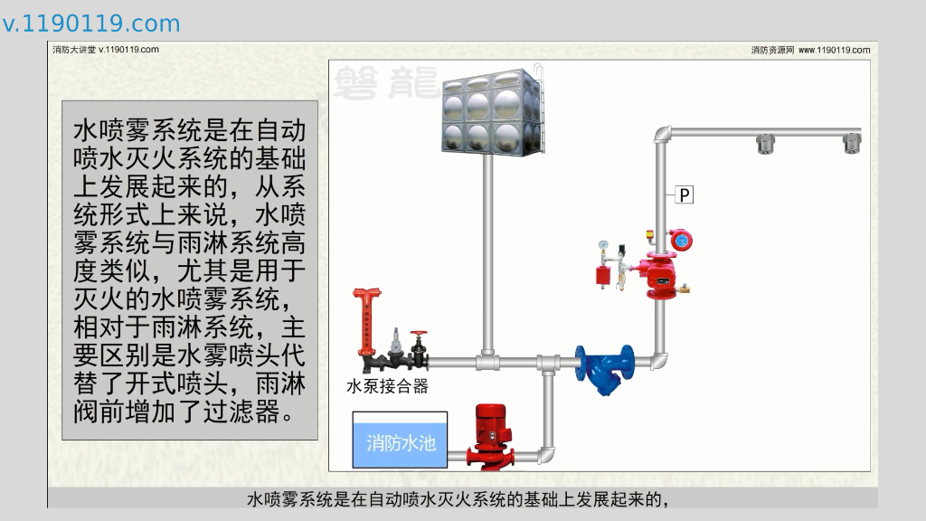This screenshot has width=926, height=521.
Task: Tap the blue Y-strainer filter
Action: pos(604,365)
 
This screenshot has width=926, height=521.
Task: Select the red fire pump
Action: pos(489,434)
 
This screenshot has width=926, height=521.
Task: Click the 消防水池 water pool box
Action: pos(400,441)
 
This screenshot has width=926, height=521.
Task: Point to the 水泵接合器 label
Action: pos(387,387)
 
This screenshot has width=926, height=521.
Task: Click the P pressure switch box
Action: pos(685,194)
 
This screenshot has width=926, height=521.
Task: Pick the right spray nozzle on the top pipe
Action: pos(851,143)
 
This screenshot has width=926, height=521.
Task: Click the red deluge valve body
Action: pos(661,275)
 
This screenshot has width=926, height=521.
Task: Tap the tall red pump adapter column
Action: pos(366,321)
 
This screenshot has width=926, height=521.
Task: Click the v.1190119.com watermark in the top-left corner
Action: pos(91,24)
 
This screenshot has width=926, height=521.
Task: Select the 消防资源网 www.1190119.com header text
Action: pos(810,51)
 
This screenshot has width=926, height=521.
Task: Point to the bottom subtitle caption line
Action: pos(462,499)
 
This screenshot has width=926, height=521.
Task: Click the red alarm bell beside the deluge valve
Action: pos(680,241)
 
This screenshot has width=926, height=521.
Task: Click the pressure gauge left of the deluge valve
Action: pos(603,245)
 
